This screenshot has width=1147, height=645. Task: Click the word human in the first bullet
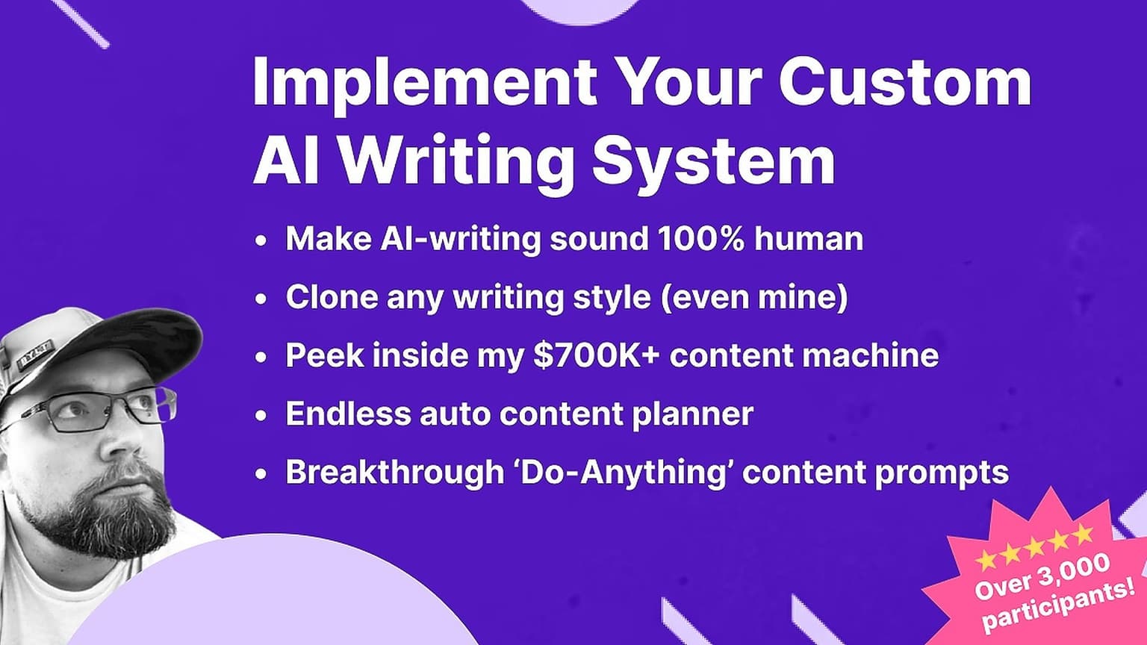(x=809, y=239)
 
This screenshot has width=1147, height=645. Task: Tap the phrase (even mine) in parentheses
(x=753, y=297)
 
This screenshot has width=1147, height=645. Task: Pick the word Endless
(x=348, y=414)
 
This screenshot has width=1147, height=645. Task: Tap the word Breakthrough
(x=395, y=472)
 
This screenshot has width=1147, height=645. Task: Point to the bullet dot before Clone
(x=261, y=299)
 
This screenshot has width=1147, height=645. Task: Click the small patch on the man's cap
(x=35, y=353)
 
